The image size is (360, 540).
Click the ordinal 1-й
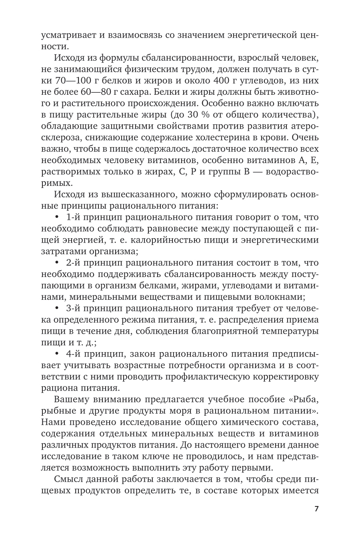[x=74, y=217]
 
